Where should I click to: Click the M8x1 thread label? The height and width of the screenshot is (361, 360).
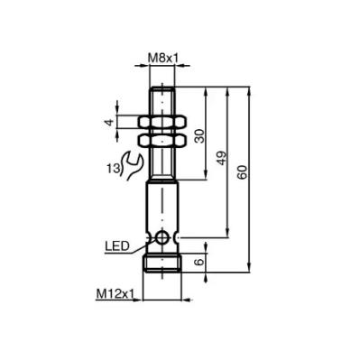click(x=162, y=58)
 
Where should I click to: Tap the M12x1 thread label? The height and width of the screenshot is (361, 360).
click(x=115, y=294)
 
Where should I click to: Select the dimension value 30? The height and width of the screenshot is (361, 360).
click(x=199, y=135)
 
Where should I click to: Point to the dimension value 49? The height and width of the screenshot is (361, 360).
click(x=221, y=158)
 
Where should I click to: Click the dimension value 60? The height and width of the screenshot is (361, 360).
click(x=243, y=172)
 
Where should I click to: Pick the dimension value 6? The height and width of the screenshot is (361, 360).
click(x=199, y=262)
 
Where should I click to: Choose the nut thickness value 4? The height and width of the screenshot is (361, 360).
click(x=110, y=122)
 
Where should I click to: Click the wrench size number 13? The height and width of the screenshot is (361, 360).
click(x=113, y=169)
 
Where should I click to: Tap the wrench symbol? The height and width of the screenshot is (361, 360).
click(x=132, y=166)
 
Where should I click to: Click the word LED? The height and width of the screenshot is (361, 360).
click(x=117, y=246)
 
